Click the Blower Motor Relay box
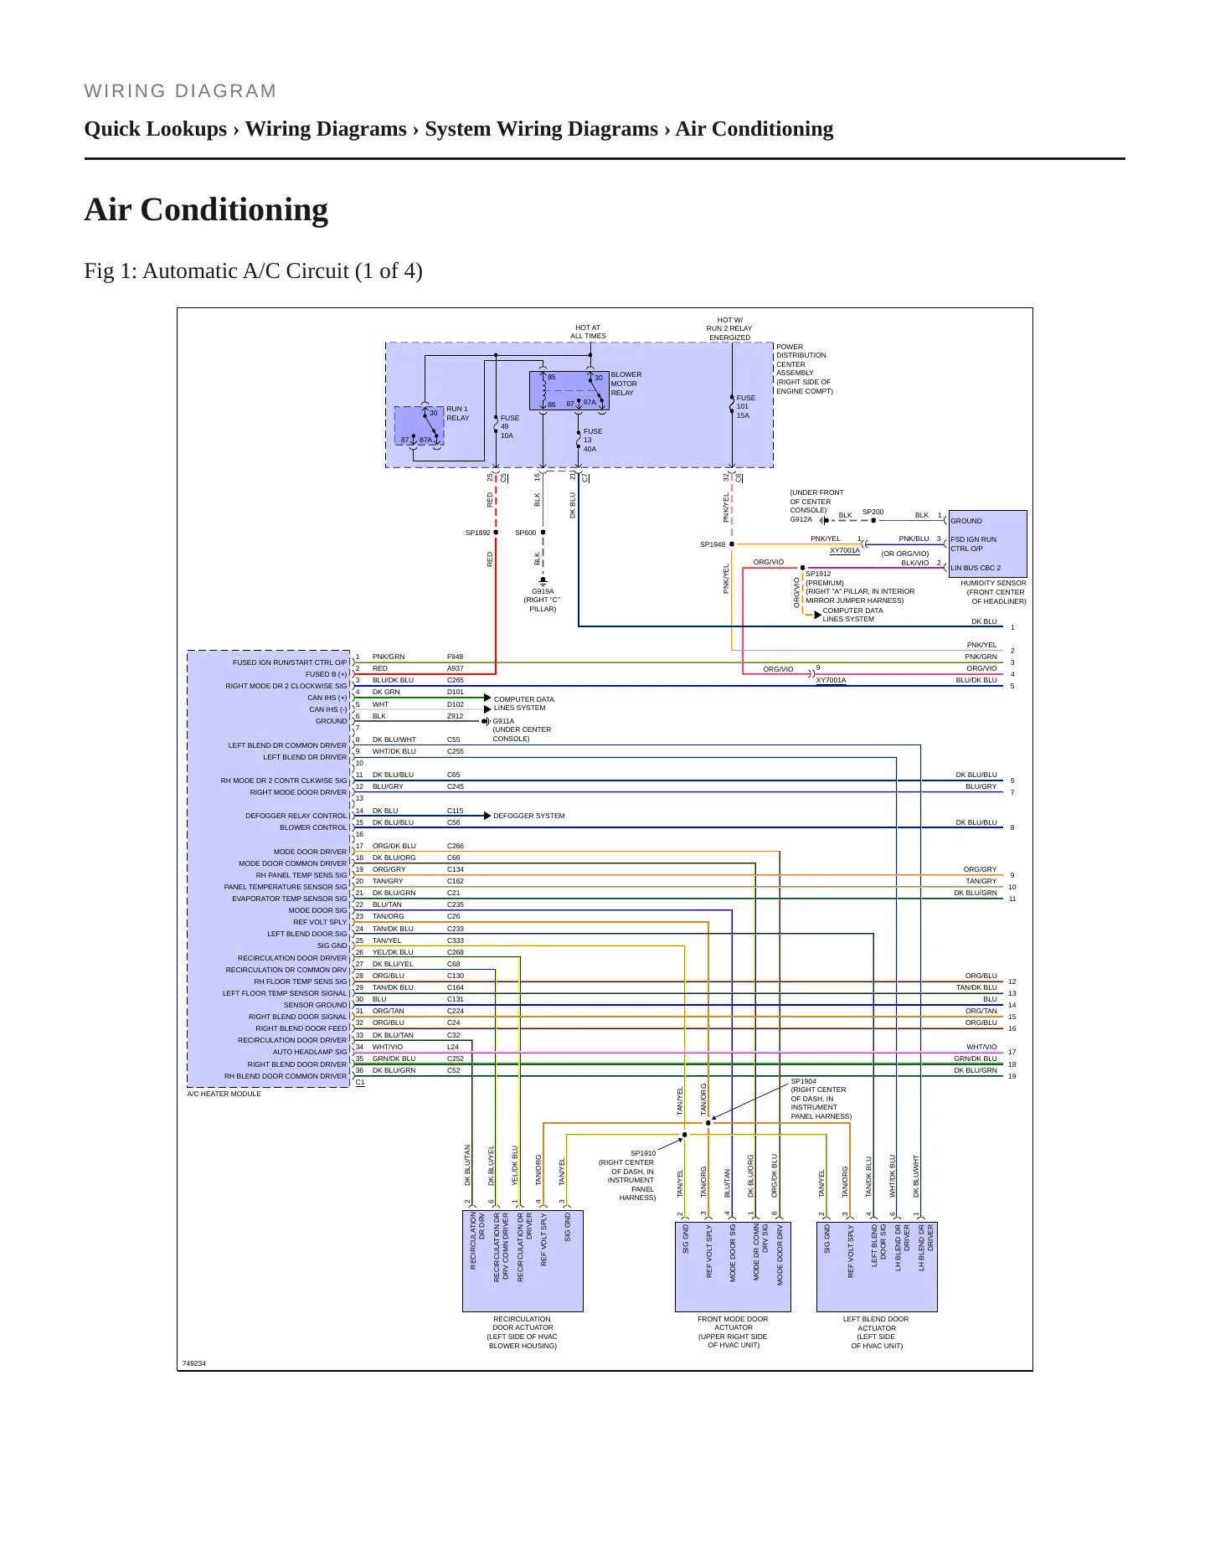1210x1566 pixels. click(x=569, y=390)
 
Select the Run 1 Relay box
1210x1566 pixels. click(x=419, y=425)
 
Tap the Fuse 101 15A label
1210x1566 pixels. click(x=745, y=407)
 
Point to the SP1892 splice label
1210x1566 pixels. click(x=477, y=533)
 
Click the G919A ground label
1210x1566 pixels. click(x=543, y=591)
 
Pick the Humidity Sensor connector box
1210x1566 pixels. click(x=987, y=543)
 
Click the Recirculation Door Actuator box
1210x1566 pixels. click(x=523, y=1261)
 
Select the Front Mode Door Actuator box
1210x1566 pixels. click(x=733, y=1267)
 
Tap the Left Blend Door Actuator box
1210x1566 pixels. click(x=877, y=1267)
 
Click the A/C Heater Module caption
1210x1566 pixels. click(x=224, y=1094)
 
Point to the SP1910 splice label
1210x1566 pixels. click(x=643, y=1153)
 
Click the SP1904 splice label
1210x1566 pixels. click(x=803, y=1081)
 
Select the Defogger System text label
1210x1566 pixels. click(x=528, y=816)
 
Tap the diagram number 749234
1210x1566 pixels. click(x=193, y=1363)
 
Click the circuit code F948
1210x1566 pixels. click(x=455, y=657)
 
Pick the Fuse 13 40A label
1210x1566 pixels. click(x=592, y=440)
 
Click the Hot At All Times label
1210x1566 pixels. click(x=588, y=332)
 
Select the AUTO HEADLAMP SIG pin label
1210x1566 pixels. click(x=309, y=1052)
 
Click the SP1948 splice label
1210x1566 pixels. click(x=713, y=544)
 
